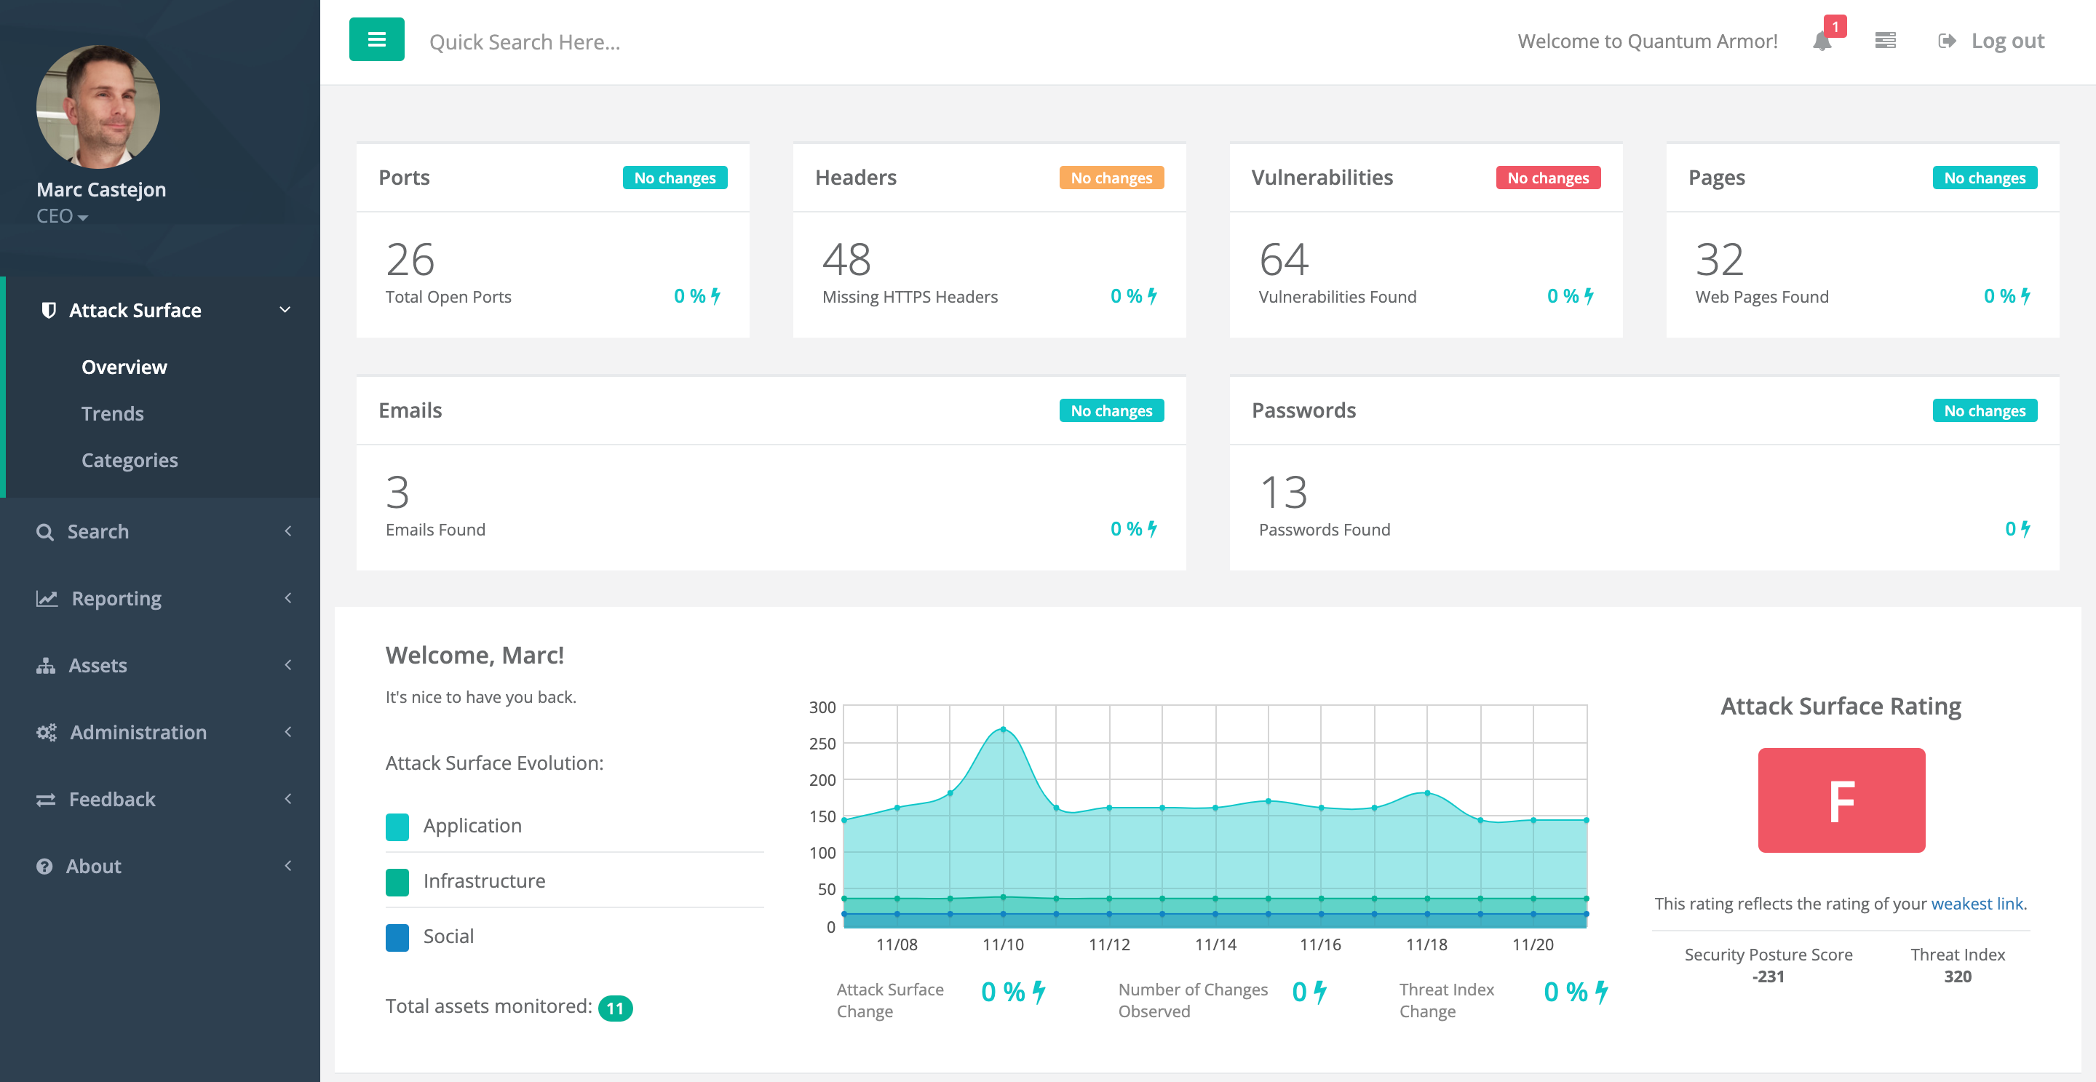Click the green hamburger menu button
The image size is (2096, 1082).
point(376,39)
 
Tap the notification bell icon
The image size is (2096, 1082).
point(1822,41)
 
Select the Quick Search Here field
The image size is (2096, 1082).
point(525,41)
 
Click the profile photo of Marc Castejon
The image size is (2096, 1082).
point(98,106)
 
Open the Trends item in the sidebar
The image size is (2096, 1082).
point(112,413)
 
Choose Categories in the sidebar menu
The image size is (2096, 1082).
point(130,460)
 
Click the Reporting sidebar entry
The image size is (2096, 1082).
point(116,598)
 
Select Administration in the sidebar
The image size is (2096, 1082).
point(138,732)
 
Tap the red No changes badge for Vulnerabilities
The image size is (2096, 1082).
point(1547,178)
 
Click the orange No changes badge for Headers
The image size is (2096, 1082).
point(1111,178)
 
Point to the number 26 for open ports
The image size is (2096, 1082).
point(410,260)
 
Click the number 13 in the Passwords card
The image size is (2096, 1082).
point(1283,492)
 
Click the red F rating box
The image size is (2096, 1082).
point(1841,800)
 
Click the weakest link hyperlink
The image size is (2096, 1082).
point(1977,903)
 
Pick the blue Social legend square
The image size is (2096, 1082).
point(397,936)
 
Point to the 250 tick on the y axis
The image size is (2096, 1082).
point(822,743)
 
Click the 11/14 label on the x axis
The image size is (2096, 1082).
point(1215,944)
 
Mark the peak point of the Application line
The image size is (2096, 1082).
point(1004,729)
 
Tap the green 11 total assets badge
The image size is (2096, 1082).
point(615,1008)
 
